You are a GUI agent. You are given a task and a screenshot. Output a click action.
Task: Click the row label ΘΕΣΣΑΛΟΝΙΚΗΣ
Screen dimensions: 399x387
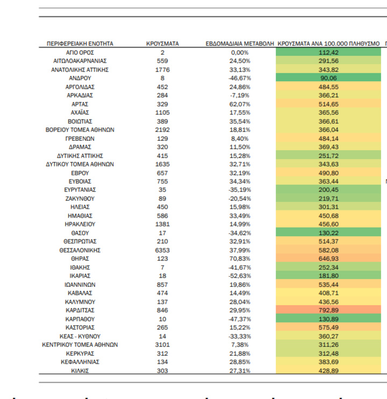coord(80,250)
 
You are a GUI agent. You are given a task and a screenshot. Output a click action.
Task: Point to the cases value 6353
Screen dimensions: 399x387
coord(162,250)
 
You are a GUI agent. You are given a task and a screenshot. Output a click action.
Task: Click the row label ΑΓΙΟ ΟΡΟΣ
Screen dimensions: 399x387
coord(80,53)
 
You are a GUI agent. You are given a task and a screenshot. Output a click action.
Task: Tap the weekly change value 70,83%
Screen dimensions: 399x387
coord(240,259)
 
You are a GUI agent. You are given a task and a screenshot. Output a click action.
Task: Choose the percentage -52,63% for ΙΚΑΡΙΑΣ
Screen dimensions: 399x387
coord(240,276)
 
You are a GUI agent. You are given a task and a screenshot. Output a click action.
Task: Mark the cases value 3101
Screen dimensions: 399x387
coord(162,345)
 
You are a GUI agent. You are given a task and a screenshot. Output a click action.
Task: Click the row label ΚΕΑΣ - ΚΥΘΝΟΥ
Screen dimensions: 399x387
coord(80,336)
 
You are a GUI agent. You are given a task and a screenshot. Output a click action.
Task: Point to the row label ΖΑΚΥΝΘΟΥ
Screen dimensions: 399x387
coord(80,199)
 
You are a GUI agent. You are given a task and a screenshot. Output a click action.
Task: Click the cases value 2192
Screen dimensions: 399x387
coord(162,130)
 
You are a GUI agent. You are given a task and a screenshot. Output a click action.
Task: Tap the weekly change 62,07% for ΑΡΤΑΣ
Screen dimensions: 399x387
coord(240,104)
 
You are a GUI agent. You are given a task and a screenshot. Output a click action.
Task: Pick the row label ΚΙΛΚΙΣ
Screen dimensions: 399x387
coord(80,371)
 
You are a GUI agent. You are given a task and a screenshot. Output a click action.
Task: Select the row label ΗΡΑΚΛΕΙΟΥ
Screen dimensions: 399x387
coord(80,224)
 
